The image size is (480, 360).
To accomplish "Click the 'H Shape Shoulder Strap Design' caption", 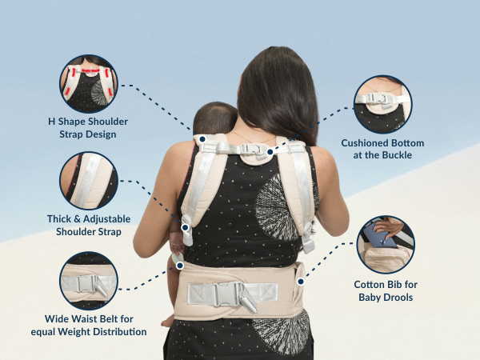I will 88,127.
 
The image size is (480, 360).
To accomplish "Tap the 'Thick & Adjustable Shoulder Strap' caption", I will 88,226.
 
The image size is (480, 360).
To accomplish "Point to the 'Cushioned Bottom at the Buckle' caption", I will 382,148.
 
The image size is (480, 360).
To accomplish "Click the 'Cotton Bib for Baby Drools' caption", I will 386,290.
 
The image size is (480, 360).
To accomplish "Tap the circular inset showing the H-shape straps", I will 88,82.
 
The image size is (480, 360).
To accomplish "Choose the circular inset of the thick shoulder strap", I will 88,182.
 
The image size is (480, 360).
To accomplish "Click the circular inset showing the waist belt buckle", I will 88,281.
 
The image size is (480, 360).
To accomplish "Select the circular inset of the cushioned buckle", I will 382,104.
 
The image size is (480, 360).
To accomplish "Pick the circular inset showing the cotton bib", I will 385,244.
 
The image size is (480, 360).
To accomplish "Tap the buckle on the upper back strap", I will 254,148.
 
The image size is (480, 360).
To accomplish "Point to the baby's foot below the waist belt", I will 168,320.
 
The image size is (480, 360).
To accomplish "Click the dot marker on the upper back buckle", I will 270,150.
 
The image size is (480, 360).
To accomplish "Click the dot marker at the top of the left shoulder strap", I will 203,138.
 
